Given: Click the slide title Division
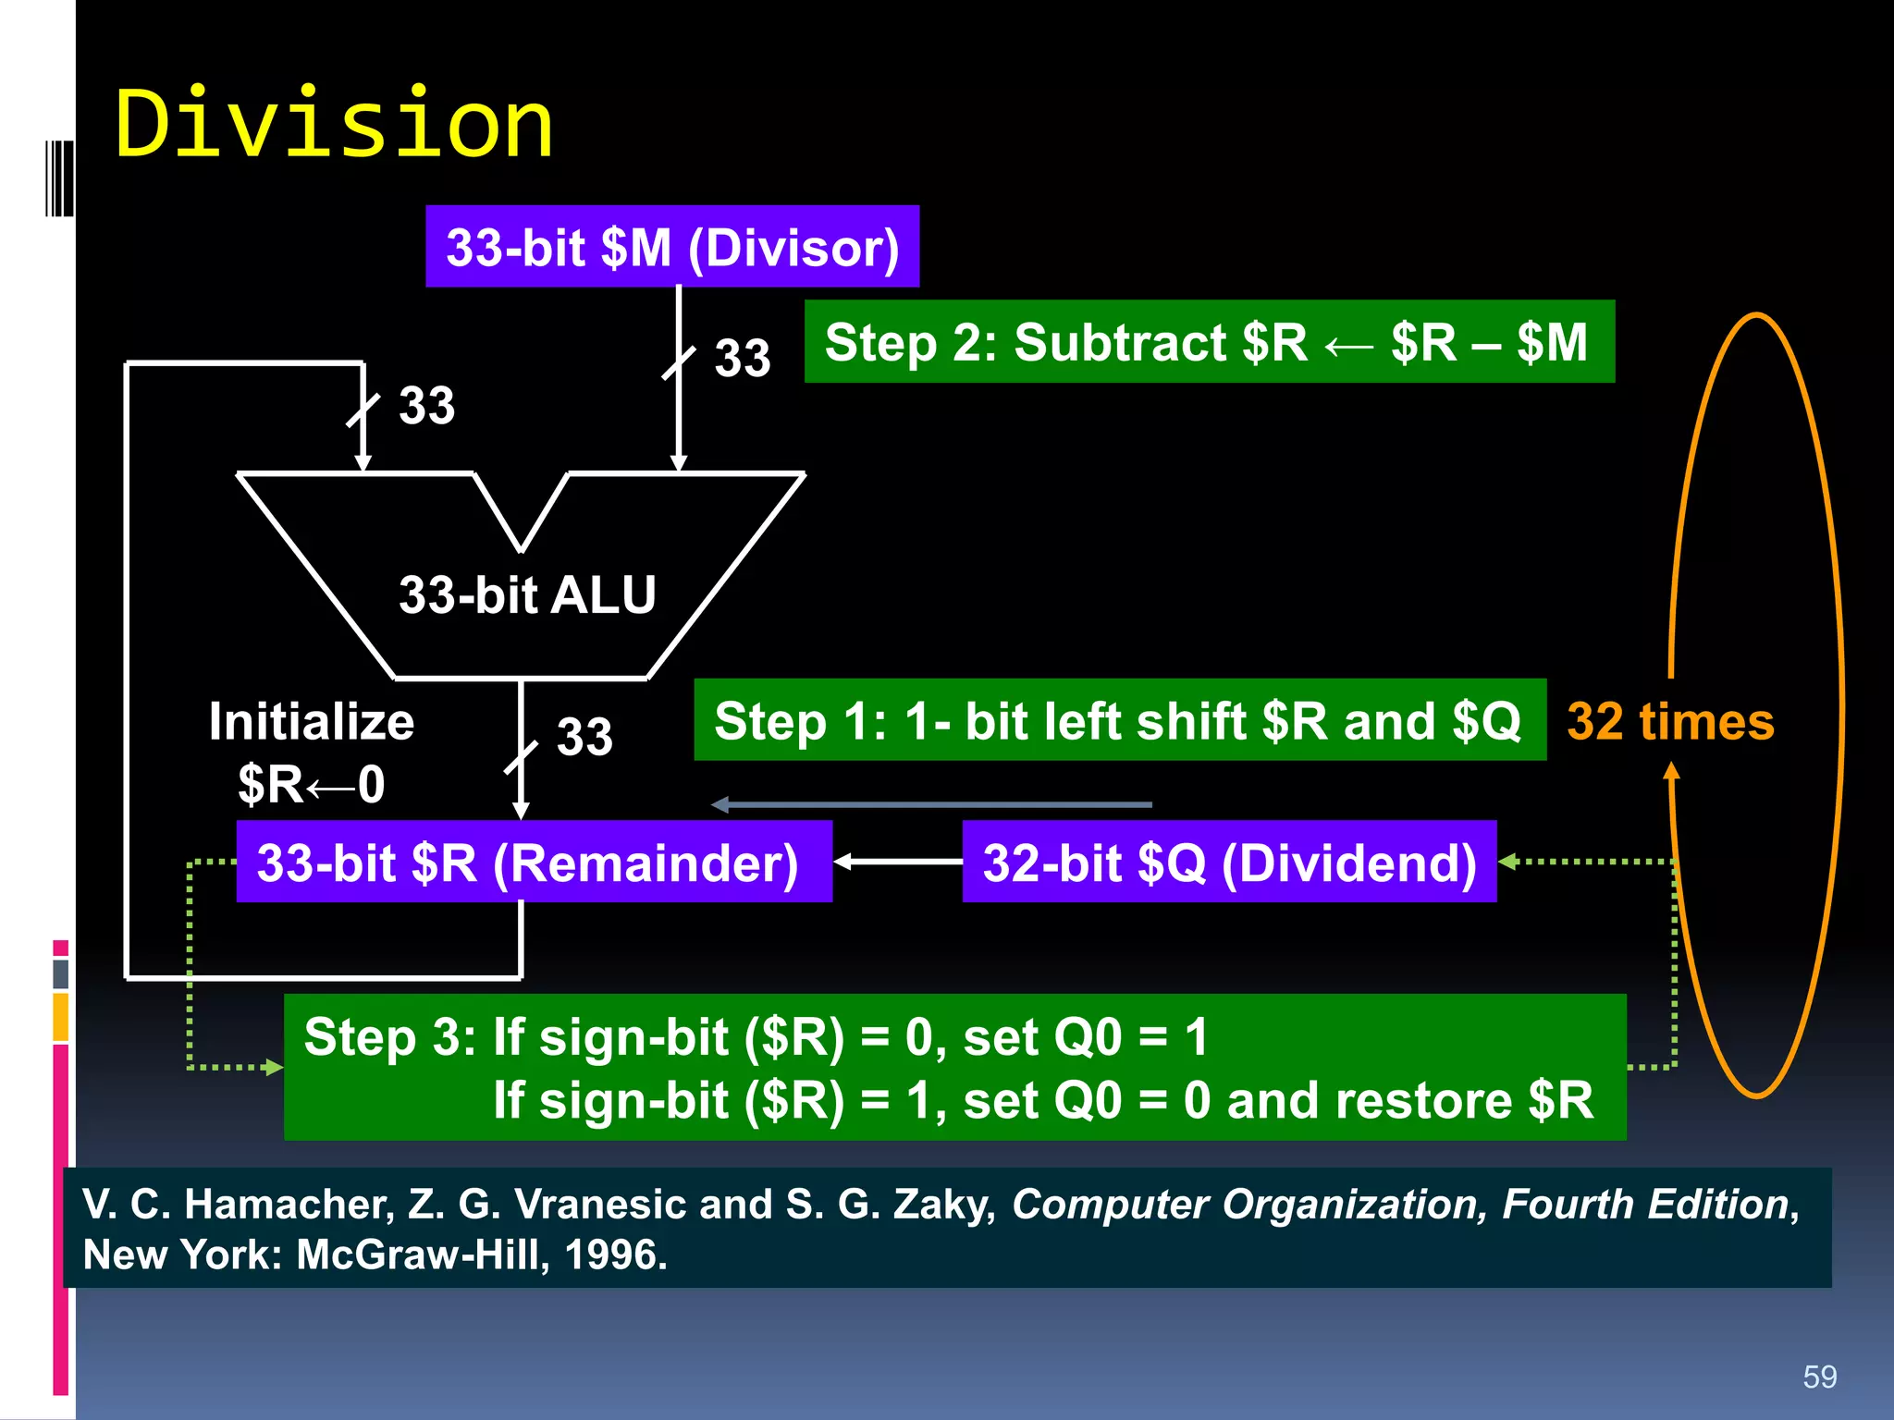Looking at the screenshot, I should coord(333,124).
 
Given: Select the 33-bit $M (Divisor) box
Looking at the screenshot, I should coord(672,247).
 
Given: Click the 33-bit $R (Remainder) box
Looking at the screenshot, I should coord(534,862).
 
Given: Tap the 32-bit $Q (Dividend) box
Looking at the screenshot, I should coord(1229,862).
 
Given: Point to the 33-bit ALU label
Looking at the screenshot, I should coord(527,594).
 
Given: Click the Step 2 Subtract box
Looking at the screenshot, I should coord(1209,341).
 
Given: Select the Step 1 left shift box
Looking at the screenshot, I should coord(1119,720).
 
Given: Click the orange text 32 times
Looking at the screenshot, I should coord(1670,721).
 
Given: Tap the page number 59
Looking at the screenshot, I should coord(1819,1377).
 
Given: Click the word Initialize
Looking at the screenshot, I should coord(312,721).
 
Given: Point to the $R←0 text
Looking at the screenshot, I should coord(312,784).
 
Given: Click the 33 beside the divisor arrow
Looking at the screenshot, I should coord(742,358).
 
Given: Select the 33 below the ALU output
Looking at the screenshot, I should coord(584,737).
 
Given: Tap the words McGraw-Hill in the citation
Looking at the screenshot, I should coord(421,1255).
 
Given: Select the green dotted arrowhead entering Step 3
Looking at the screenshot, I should coord(273,1068).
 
